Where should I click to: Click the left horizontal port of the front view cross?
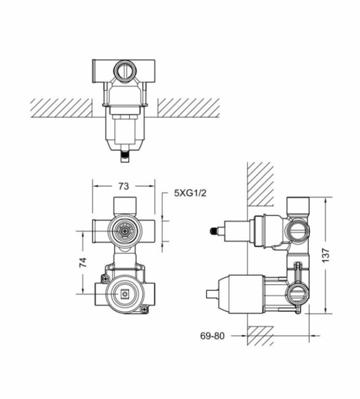(x=101, y=231)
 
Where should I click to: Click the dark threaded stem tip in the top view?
(x=125, y=158)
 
